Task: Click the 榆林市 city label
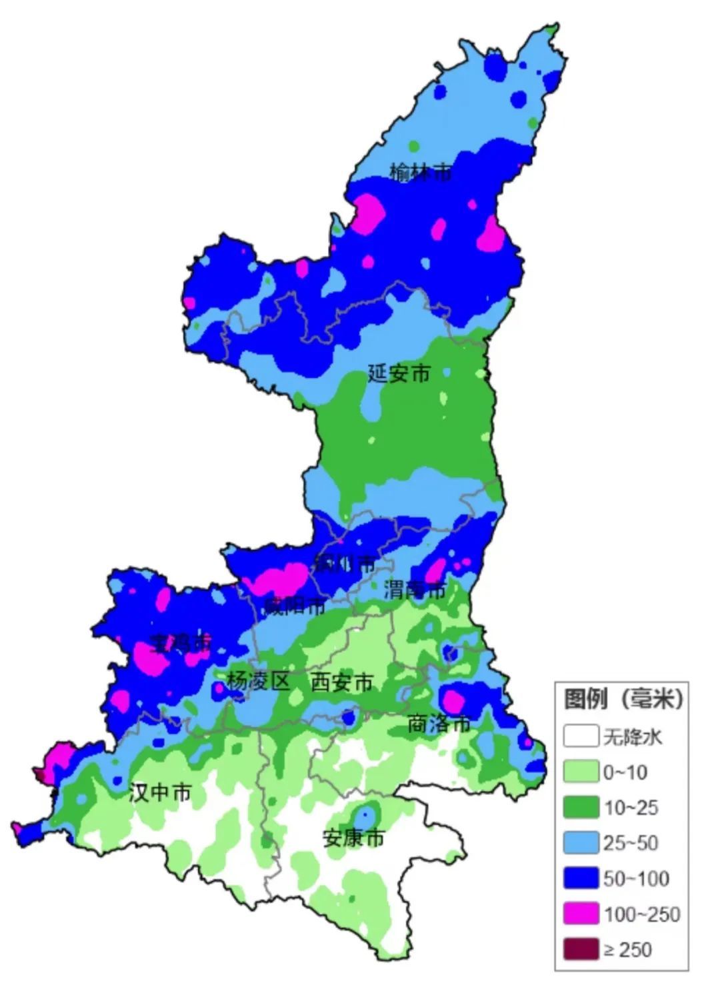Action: (421, 173)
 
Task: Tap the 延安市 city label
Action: (399, 373)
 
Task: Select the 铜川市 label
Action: (345, 563)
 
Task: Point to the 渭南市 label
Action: (415, 589)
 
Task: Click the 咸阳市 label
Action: (294, 605)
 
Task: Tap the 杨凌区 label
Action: (258, 681)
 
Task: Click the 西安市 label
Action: (341, 682)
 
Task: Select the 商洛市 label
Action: (439, 723)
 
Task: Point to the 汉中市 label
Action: (160, 792)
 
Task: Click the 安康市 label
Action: (353, 838)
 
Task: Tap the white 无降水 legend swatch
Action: (581, 736)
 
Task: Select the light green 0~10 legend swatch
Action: (581, 772)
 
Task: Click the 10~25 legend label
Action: (631, 808)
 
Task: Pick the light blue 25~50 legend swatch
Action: (581, 842)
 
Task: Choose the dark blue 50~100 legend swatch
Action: (581, 878)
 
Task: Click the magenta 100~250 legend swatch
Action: (581, 914)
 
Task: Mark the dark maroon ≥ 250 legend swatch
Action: (581, 949)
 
